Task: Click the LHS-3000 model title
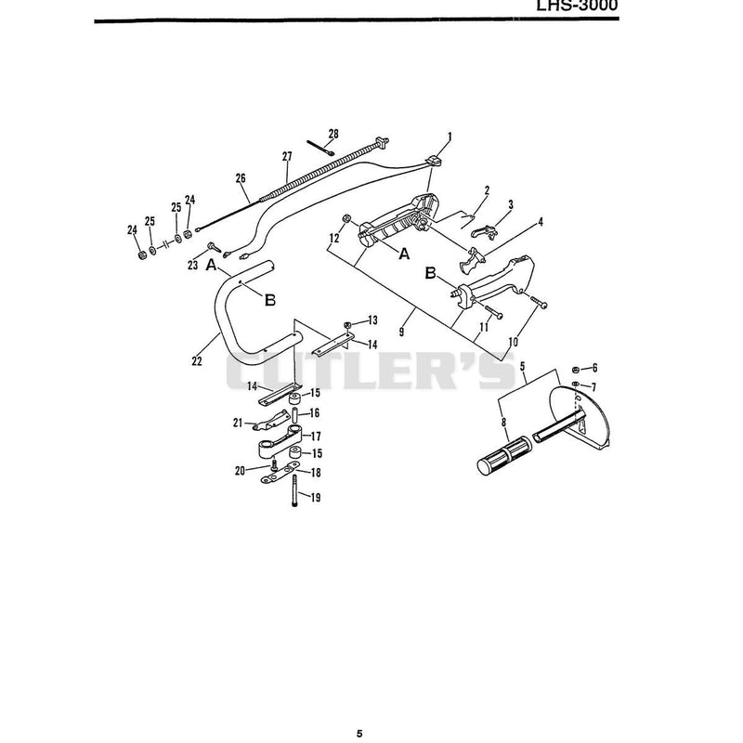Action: (x=577, y=6)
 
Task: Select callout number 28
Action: (x=333, y=134)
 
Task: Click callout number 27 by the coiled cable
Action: (x=287, y=156)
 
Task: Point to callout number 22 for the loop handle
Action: (x=197, y=361)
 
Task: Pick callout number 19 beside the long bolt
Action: (x=316, y=498)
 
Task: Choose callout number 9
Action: (x=402, y=332)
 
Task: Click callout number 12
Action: (x=334, y=238)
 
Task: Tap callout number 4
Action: (x=541, y=222)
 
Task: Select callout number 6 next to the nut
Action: (x=595, y=368)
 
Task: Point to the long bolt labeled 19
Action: (x=294, y=491)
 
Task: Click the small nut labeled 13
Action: (x=346, y=324)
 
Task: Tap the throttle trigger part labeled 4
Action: (x=471, y=259)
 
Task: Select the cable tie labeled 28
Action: (x=320, y=148)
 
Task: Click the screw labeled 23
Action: (x=215, y=247)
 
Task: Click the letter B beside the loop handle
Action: (x=270, y=300)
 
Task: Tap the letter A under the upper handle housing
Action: (x=404, y=254)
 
